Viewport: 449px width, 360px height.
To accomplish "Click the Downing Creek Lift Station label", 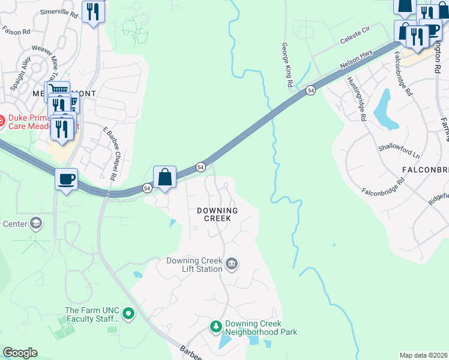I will click(194, 265).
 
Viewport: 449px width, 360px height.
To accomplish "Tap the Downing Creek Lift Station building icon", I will click(232, 263).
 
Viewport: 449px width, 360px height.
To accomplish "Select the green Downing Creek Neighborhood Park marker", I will click(216, 327).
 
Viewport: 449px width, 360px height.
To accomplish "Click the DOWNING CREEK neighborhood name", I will click(217, 215).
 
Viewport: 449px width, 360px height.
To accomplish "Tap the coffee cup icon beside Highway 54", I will click(66, 178).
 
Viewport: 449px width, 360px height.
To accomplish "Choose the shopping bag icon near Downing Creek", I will click(164, 177).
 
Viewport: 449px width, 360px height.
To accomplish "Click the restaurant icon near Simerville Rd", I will click(93, 11).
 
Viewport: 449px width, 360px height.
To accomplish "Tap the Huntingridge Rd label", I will click(356, 99).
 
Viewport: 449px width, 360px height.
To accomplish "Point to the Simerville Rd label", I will click(58, 12).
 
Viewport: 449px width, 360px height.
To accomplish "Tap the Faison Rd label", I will click(16, 31).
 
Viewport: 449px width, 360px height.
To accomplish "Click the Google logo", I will click(20, 353).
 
